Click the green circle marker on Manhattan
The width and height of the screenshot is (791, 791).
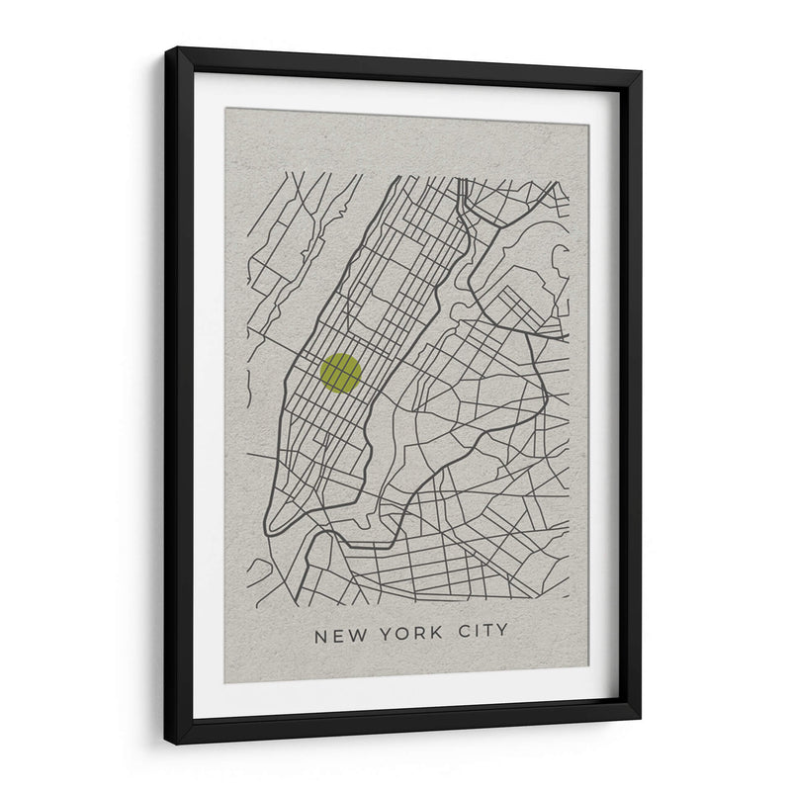tap(340, 373)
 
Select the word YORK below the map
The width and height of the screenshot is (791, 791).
tap(409, 634)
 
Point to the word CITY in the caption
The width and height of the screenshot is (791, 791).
tap(483, 632)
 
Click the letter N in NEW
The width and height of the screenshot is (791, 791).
tap(320, 634)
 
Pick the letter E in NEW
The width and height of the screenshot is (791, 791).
tap(338, 634)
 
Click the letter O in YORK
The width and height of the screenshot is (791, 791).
tap(400, 634)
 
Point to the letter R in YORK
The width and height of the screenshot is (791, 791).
tap(418, 634)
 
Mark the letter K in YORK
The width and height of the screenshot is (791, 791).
tap(436, 634)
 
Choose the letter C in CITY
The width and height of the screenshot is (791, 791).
tap(464, 632)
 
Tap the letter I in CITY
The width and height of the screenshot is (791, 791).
tap(478, 632)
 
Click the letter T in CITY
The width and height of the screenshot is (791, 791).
tap(488, 632)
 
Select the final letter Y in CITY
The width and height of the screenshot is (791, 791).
tap(503, 632)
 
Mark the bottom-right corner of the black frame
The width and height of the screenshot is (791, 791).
tap(639, 718)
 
